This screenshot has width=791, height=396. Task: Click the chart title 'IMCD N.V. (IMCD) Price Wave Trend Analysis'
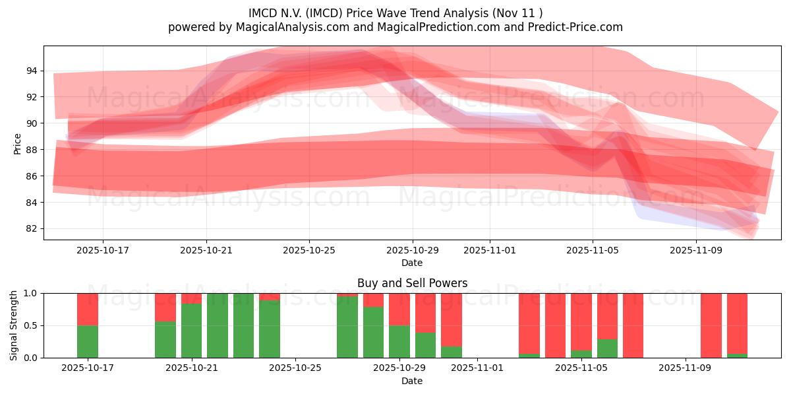(x=395, y=13)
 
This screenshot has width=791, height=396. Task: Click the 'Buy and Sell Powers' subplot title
(x=412, y=283)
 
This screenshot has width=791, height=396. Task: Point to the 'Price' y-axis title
(x=17, y=143)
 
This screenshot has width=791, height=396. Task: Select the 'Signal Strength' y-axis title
(x=14, y=325)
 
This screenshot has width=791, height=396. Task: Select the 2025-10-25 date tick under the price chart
(x=309, y=251)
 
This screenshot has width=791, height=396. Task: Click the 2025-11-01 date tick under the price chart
(x=489, y=251)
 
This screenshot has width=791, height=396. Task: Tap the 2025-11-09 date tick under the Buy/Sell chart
(x=686, y=368)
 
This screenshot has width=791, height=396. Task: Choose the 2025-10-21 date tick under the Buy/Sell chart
(x=192, y=368)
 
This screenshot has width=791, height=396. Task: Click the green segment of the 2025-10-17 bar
(x=88, y=341)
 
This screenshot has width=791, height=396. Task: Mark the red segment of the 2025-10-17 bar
(x=88, y=309)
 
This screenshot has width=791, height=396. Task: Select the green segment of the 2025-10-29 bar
(x=399, y=341)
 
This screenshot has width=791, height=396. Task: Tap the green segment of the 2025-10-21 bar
(x=192, y=330)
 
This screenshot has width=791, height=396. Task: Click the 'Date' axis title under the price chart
(x=412, y=263)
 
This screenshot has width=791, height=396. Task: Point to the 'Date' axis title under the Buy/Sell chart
(x=412, y=381)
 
